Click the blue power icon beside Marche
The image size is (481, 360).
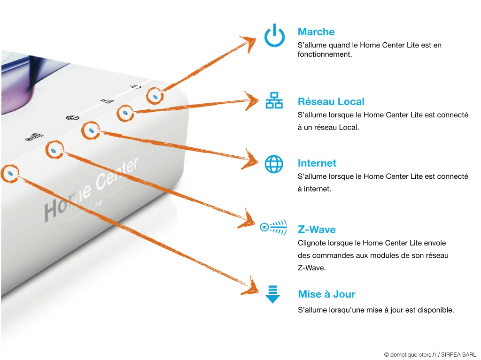tap(274, 36)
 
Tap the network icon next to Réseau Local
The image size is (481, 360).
tap(274, 100)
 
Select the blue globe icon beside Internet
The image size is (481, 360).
tap(274, 164)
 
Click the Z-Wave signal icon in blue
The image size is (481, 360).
tap(273, 228)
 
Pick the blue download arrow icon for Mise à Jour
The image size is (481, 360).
tap(273, 294)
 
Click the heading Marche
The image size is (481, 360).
tap(316, 32)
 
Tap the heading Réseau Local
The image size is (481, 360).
tap(331, 101)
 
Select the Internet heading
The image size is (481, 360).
tap(317, 163)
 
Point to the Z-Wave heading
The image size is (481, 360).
tap(317, 230)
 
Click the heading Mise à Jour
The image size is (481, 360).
tap(326, 294)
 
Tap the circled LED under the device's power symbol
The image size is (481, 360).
tap(155, 97)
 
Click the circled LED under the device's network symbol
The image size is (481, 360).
tap(124, 113)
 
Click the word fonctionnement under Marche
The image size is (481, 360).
tap(325, 54)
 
